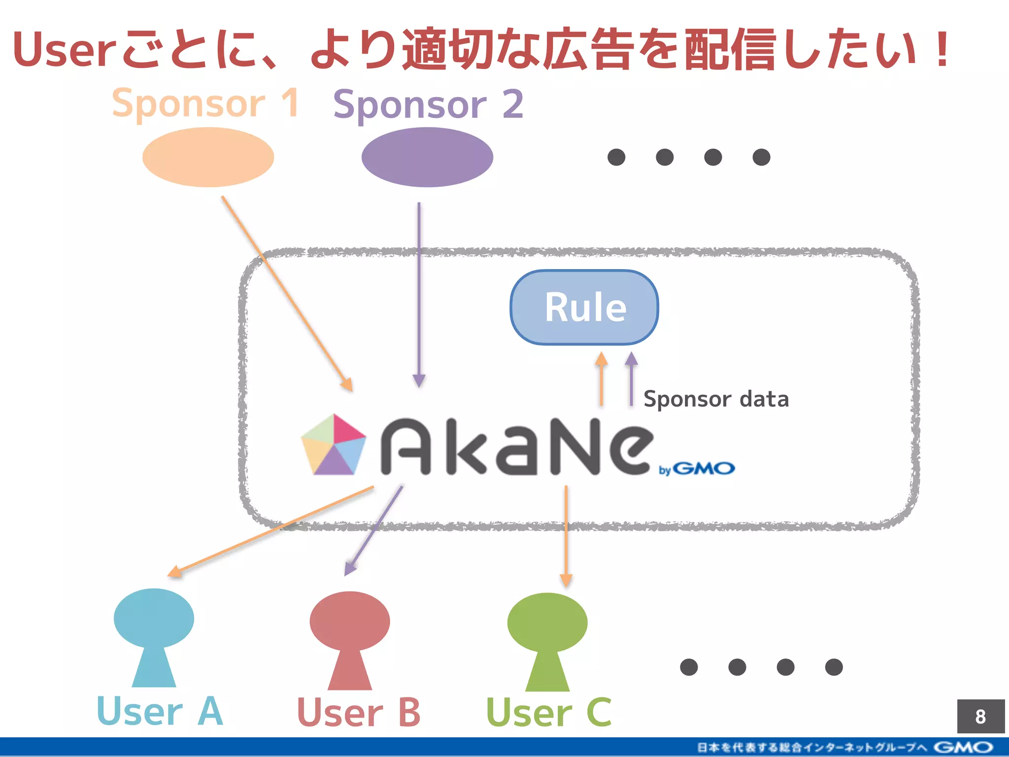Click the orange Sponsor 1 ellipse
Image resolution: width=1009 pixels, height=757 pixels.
click(x=208, y=157)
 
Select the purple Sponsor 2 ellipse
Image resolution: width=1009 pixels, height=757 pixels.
click(x=427, y=157)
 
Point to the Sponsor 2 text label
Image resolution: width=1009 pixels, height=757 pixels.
click(x=428, y=104)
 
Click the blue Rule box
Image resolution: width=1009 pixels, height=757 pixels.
click(x=584, y=307)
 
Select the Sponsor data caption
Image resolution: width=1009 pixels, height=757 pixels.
click(x=716, y=399)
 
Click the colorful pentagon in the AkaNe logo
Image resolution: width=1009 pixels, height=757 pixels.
click(x=334, y=445)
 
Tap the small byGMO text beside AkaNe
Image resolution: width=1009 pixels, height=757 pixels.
click(x=697, y=469)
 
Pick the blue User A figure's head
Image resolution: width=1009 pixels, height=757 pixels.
click(x=154, y=618)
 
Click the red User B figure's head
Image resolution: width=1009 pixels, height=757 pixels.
click(x=350, y=621)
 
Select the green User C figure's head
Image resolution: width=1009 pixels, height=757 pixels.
click(x=547, y=622)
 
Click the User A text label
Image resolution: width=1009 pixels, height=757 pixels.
click(x=160, y=711)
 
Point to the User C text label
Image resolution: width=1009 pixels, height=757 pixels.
click(x=548, y=713)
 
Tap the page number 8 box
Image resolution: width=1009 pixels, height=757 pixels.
click(x=980, y=716)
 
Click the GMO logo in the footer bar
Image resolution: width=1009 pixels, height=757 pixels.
click(x=963, y=748)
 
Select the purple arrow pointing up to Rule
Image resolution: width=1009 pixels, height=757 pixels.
click(x=631, y=379)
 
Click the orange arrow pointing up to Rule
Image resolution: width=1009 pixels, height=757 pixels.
click(x=601, y=379)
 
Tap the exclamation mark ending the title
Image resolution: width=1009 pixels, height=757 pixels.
click(x=942, y=49)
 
